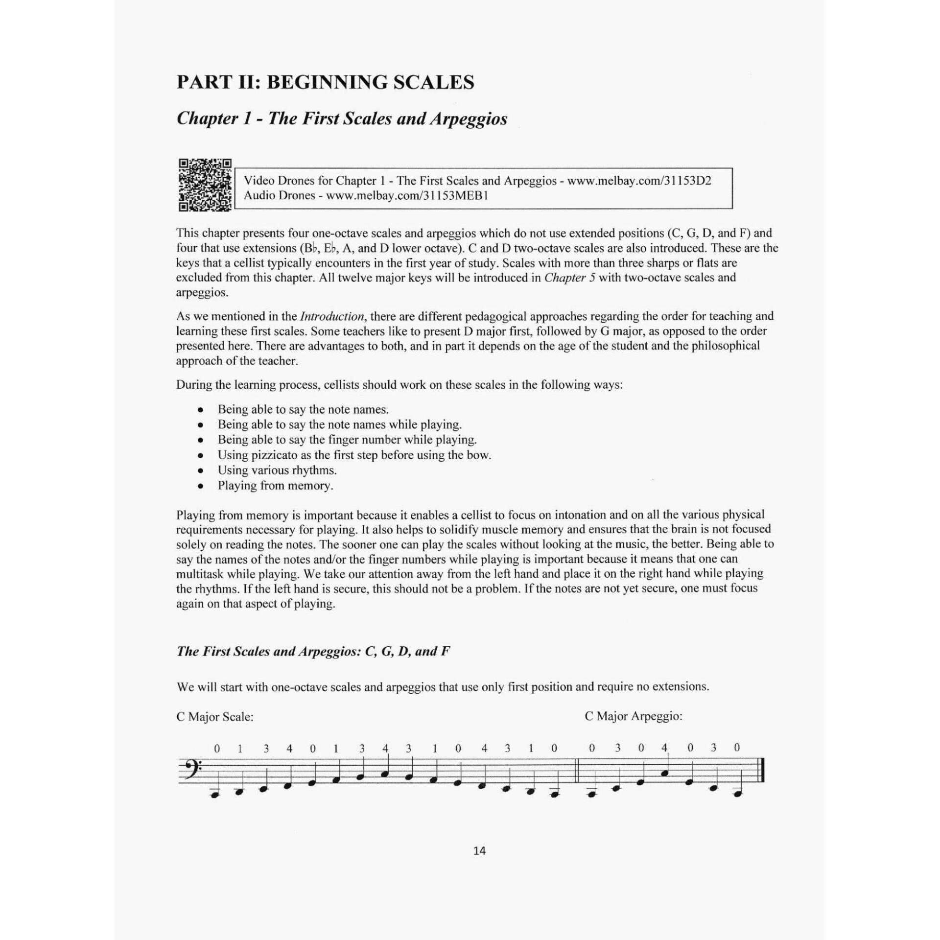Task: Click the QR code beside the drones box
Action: tap(205, 185)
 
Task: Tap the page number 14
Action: tap(479, 850)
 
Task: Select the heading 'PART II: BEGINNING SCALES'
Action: tap(325, 82)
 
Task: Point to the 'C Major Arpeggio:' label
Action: tap(633, 716)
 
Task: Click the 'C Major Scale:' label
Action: tap(215, 717)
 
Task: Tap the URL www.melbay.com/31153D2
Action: tap(639, 181)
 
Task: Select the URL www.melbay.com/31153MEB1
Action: tap(407, 196)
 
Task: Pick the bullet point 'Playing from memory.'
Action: tap(275, 486)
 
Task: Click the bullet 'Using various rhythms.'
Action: tap(277, 470)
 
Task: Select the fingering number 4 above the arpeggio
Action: tap(664, 748)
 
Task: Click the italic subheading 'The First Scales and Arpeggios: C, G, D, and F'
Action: tap(313, 651)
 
